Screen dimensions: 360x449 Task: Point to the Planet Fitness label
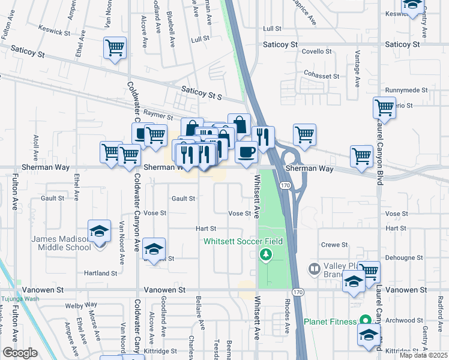(x=330, y=322)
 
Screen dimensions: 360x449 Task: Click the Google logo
(x=20, y=353)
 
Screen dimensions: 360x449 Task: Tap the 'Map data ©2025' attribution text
(x=424, y=355)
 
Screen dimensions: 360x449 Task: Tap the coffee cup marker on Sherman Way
(x=246, y=152)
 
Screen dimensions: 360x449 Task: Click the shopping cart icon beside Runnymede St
(x=384, y=109)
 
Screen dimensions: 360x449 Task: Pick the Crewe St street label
(x=334, y=245)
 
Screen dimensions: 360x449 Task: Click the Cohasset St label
(x=321, y=77)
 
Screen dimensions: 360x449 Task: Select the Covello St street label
(x=316, y=52)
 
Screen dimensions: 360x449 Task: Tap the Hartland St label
(x=101, y=273)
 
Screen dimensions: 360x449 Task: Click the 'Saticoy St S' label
(x=202, y=97)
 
